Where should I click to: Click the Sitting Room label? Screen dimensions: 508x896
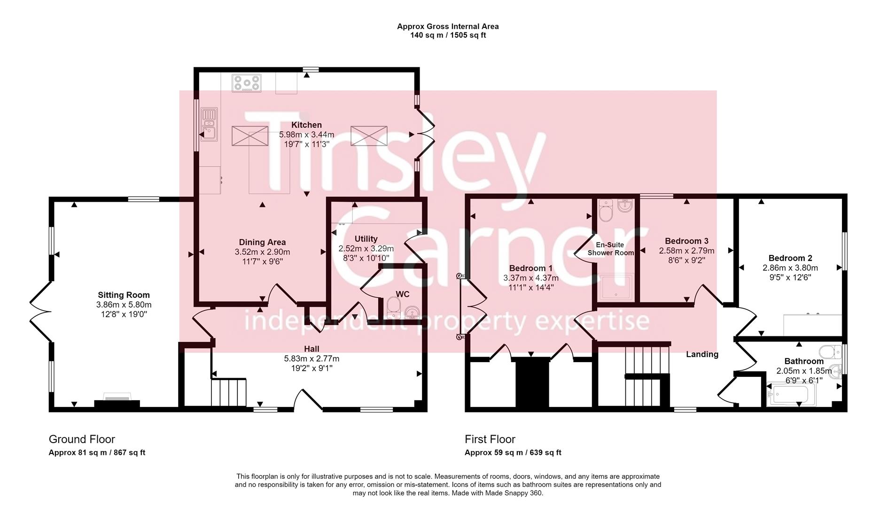click(124, 295)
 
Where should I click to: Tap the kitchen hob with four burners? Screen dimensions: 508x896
click(246, 83)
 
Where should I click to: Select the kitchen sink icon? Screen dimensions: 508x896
click(209, 124)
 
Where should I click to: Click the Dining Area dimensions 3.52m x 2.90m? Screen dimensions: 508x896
click(262, 252)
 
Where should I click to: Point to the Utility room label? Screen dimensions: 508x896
click(366, 238)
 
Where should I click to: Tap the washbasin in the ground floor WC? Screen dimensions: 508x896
click(412, 312)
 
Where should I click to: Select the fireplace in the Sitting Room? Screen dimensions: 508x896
click(117, 401)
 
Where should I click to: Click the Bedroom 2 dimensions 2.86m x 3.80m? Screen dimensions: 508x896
click(790, 268)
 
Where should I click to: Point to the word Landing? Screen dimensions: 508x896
click(702, 354)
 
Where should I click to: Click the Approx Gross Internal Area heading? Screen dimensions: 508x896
click(448, 26)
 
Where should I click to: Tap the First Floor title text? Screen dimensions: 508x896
click(490, 439)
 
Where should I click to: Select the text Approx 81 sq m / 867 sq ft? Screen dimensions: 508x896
click(97, 452)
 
